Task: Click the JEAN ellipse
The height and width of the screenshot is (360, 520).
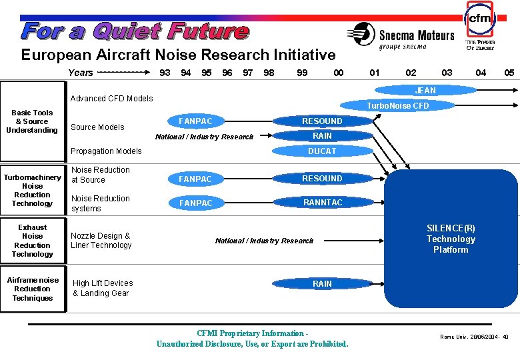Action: tap(425, 91)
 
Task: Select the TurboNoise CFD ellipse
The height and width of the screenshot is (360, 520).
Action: tap(398, 105)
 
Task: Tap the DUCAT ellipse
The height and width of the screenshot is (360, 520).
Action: tap(322, 151)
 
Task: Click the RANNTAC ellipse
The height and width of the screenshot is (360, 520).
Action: tap(322, 203)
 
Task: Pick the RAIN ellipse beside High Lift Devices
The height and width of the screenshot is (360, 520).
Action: tap(322, 284)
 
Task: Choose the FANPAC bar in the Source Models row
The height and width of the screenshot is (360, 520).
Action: tap(196, 121)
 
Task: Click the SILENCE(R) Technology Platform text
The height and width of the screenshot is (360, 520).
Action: tap(451, 239)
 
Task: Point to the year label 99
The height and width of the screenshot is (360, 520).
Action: tap(302, 73)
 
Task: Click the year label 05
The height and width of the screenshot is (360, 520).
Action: tap(509, 73)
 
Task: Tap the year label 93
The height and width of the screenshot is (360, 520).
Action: tap(165, 73)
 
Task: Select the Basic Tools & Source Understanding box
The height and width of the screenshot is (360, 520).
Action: tap(32, 121)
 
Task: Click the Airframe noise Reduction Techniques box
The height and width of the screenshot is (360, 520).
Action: tap(33, 289)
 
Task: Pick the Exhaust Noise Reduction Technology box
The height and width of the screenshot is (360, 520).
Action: tap(32, 241)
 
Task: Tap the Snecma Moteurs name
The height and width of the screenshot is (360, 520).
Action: tap(416, 35)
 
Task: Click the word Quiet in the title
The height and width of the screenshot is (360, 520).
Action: tap(127, 31)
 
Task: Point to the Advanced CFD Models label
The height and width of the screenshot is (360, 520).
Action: tap(112, 99)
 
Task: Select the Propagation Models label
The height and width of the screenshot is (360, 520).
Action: tap(107, 151)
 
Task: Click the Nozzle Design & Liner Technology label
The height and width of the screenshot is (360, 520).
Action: tap(101, 241)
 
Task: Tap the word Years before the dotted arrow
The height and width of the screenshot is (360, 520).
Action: tap(81, 73)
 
